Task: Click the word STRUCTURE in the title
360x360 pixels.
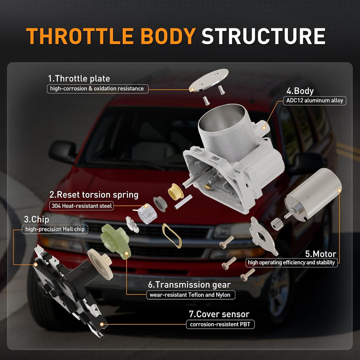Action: (x=264, y=36)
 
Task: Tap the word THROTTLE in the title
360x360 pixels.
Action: (x=80, y=36)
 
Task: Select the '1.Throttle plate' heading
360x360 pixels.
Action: (x=79, y=78)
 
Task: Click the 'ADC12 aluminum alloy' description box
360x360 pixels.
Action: (x=315, y=100)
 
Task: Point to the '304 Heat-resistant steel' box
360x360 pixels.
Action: (x=81, y=206)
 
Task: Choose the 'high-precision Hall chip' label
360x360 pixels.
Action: (x=55, y=229)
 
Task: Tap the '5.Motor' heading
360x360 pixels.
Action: (x=320, y=254)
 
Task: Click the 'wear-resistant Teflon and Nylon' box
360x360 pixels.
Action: (x=191, y=295)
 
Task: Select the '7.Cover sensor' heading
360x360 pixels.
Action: (x=219, y=314)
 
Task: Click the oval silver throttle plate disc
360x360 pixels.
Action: (x=209, y=80)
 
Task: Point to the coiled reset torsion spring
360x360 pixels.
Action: (x=147, y=214)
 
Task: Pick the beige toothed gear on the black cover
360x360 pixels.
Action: (x=100, y=264)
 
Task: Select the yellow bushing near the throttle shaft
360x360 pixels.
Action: (x=176, y=192)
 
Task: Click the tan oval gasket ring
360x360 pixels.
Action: (x=172, y=236)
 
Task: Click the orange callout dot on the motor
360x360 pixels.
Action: (x=339, y=190)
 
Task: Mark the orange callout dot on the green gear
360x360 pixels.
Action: (x=126, y=253)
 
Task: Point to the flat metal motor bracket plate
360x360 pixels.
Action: (x=263, y=236)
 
